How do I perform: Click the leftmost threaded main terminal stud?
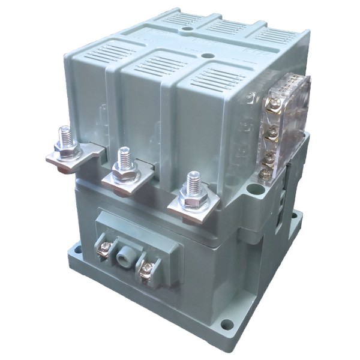(x=65, y=137)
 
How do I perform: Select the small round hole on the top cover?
(x=187, y=27)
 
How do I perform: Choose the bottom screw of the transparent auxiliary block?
(x=265, y=175)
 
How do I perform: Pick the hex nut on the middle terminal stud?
(x=125, y=175)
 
